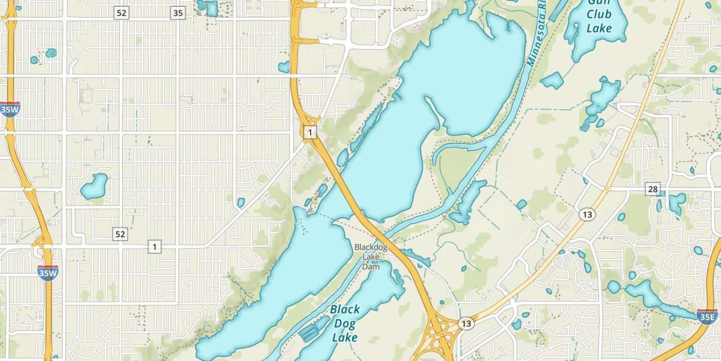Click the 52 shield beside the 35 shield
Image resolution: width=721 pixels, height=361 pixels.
(121, 13)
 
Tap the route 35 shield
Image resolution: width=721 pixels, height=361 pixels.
(178, 13)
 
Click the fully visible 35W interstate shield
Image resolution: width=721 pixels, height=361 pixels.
(48, 273)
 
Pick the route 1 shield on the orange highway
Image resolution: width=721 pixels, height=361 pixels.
(311, 132)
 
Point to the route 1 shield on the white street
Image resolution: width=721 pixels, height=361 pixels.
(154, 247)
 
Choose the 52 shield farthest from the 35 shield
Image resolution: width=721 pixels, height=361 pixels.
(121, 234)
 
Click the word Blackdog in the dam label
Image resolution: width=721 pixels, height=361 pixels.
(371, 247)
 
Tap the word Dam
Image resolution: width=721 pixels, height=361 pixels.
(371, 267)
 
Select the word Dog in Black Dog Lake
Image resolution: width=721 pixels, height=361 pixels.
(345, 323)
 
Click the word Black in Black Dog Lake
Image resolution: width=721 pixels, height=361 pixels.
(345, 309)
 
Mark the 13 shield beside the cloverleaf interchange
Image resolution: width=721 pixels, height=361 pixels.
(465, 323)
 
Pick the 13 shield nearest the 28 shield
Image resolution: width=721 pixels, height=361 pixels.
(586, 214)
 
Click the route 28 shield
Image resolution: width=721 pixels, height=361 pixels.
(652, 189)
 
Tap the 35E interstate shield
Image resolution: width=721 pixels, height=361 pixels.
(708, 317)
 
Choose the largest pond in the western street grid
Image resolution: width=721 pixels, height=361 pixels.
(94, 186)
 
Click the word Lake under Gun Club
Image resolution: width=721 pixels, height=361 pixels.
(599, 28)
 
